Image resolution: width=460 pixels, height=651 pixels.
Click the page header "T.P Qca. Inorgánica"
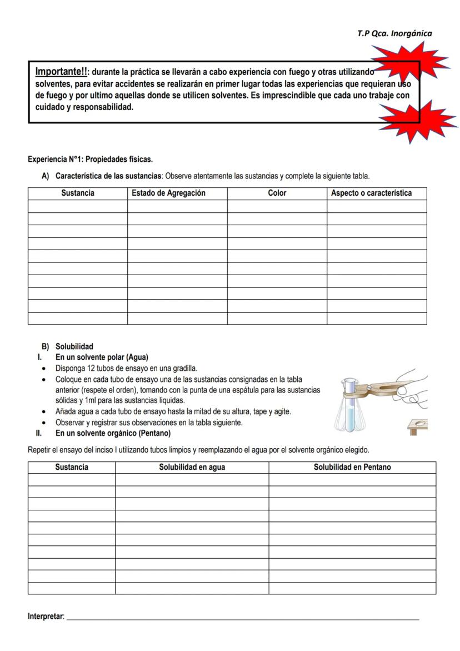[x=394, y=33]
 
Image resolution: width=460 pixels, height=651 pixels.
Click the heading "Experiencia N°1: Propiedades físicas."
[x=90, y=160]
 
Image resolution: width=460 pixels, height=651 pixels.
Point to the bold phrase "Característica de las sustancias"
[x=108, y=176]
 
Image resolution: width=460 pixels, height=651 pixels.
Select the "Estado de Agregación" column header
[x=168, y=193]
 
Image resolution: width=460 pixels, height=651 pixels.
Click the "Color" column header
[x=277, y=193]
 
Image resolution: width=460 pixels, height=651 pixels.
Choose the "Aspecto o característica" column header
[x=371, y=193]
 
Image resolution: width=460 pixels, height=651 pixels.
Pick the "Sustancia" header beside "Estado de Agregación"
[x=78, y=193]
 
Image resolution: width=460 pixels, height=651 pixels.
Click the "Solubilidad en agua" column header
[x=192, y=467]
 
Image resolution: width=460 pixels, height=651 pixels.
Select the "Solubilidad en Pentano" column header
[x=352, y=467]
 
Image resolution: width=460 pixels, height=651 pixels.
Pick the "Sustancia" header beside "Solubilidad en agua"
[x=72, y=467]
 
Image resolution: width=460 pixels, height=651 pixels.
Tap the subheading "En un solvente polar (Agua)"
[x=102, y=357]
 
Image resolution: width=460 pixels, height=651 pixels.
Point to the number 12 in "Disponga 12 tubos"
[x=92, y=368]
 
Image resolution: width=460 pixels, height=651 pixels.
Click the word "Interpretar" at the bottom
[x=46, y=617]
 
